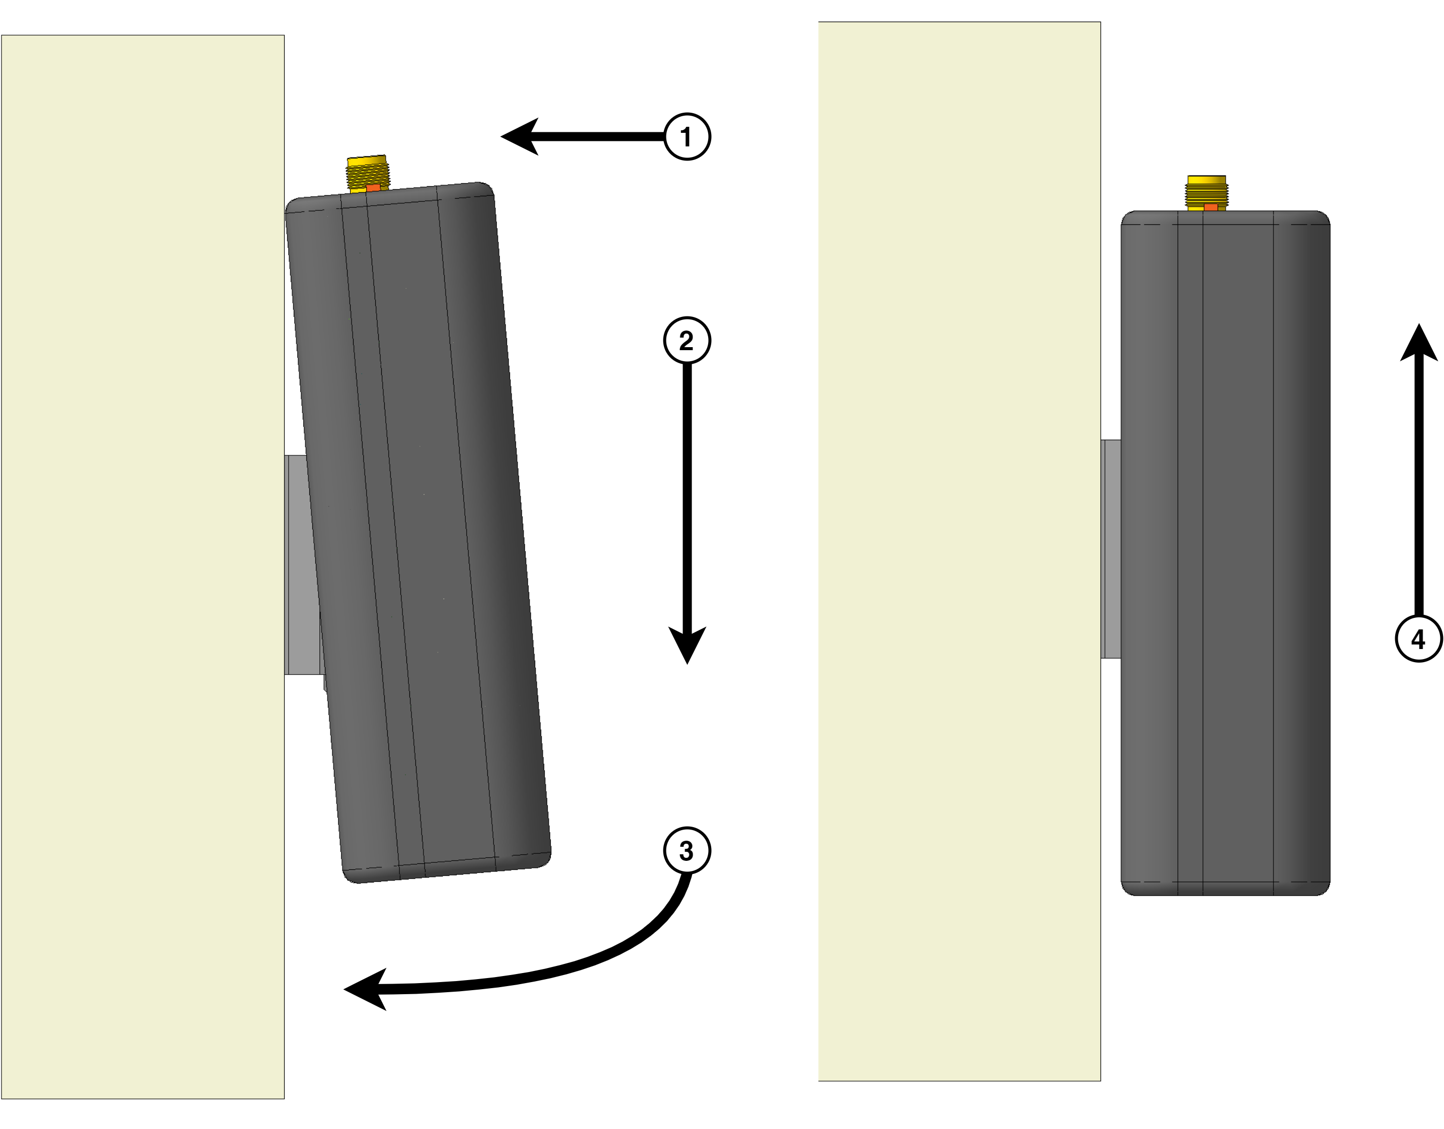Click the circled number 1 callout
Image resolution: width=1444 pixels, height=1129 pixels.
click(687, 137)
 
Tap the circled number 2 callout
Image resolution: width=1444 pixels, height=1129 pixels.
click(687, 341)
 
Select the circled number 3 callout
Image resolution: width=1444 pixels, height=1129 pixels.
click(687, 851)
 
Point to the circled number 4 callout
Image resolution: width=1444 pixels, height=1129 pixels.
click(1419, 638)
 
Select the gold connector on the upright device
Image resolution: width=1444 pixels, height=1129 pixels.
click(1207, 193)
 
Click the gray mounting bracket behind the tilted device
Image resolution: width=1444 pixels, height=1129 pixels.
click(302, 565)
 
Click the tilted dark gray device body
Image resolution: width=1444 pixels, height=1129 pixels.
click(418, 532)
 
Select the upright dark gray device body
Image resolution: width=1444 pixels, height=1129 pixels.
click(1225, 553)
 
